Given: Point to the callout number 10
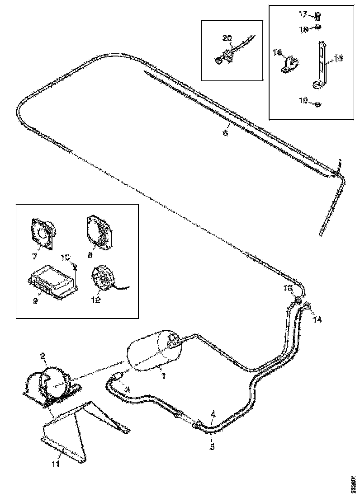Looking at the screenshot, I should (65, 257).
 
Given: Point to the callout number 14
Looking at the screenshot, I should (317, 320).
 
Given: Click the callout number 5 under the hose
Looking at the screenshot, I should (212, 447).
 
